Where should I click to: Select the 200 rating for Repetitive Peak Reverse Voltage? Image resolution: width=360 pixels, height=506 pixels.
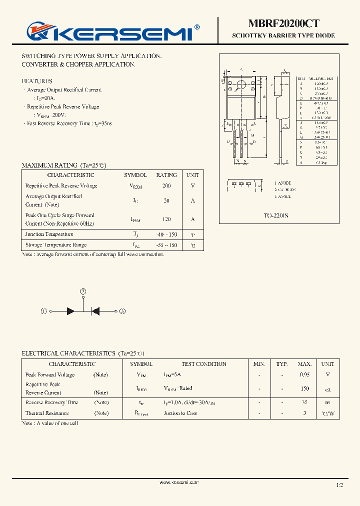coord(166,186)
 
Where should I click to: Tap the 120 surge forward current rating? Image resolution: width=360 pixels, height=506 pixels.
coord(166,219)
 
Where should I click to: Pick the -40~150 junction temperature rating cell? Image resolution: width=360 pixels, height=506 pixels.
coord(166,234)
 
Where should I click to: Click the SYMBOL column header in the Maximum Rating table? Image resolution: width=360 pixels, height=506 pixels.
coord(135,175)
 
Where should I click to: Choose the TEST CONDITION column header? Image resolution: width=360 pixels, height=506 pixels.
coord(204,364)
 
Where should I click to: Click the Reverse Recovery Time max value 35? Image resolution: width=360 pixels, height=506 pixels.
coord(304,402)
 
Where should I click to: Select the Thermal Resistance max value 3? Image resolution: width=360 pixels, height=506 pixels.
coord(304,413)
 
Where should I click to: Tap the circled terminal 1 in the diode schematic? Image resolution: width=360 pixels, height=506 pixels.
coord(44,311)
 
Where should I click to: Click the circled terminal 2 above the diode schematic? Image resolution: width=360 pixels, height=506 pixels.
coord(83,291)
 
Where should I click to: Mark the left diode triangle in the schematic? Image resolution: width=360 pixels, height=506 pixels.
coord(71,311)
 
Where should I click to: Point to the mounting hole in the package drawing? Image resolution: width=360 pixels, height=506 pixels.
coord(241,84)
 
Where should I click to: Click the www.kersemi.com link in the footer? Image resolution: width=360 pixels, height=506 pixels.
coord(179,482)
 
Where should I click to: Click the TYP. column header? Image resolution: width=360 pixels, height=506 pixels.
coord(282,364)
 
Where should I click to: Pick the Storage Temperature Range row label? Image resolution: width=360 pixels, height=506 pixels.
coord(56,245)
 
